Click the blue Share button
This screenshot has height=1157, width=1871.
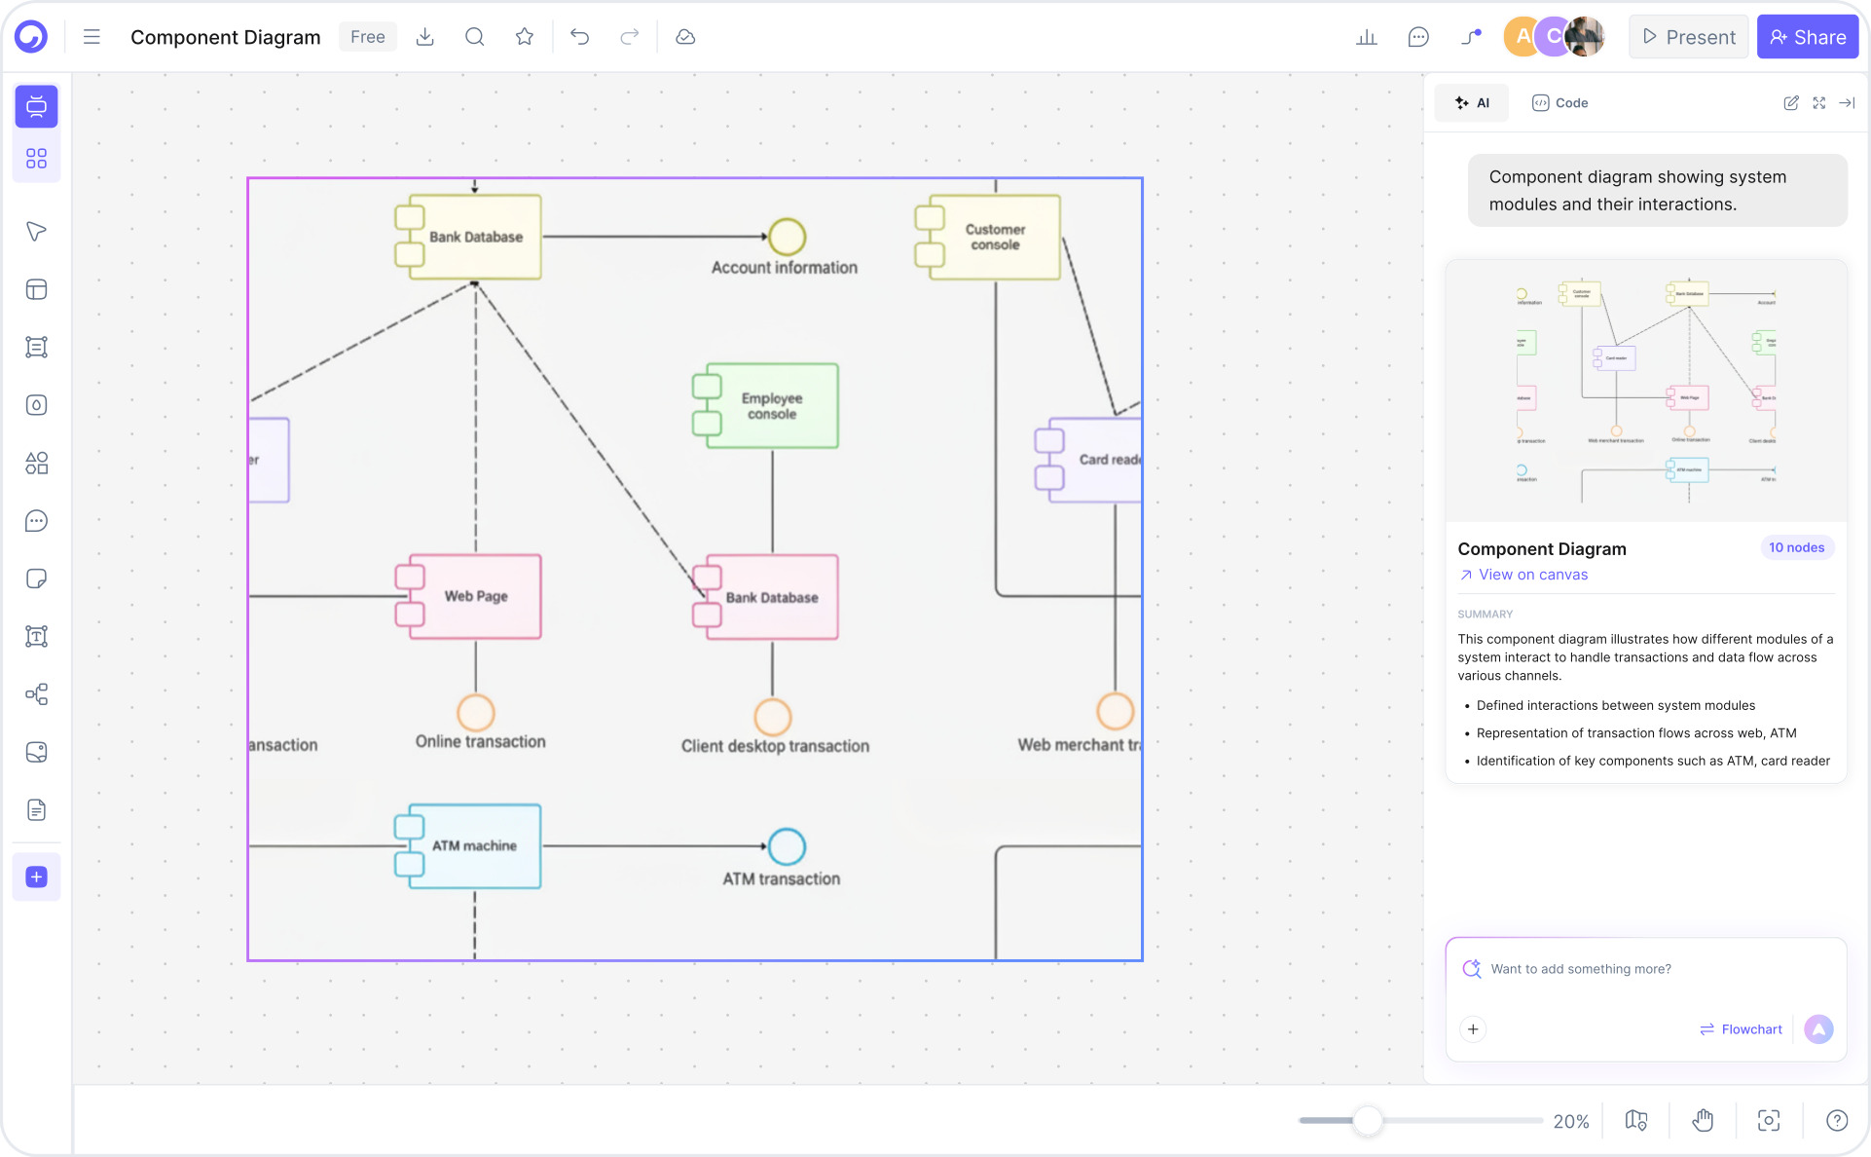(x=1807, y=37)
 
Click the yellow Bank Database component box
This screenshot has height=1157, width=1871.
(x=475, y=237)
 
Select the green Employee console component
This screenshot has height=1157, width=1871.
(x=771, y=406)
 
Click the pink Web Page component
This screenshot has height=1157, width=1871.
(x=475, y=596)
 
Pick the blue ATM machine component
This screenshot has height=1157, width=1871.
(x=474, y=845)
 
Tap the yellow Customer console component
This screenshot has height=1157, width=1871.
(x=994, y=237)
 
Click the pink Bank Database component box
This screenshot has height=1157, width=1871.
(x=771, y=597)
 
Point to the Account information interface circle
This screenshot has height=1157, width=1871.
(x=787, y=237)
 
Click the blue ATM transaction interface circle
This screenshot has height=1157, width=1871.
(x=787, y=846)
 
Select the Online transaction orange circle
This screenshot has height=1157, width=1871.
(x=476, y=712)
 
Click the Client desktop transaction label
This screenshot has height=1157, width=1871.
(x=775, y=746)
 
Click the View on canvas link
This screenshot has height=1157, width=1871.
(x=1532, y=575)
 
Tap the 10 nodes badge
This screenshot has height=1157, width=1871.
(x=1796, y=547)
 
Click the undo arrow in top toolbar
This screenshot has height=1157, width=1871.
(x=580, y=37)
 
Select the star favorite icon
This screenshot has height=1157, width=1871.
(x=525, y=37)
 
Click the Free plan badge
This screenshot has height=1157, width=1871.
(x=367, y=37)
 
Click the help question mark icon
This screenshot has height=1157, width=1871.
(x=1836, y=1121)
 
